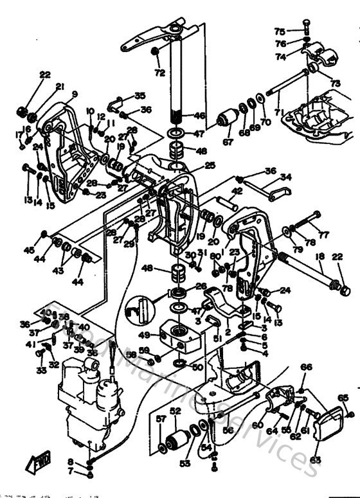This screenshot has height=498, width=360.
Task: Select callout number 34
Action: [x=286, y=177]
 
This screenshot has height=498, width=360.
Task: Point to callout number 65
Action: [x=343, y=398]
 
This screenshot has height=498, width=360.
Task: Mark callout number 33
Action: [x=40, y=371]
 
